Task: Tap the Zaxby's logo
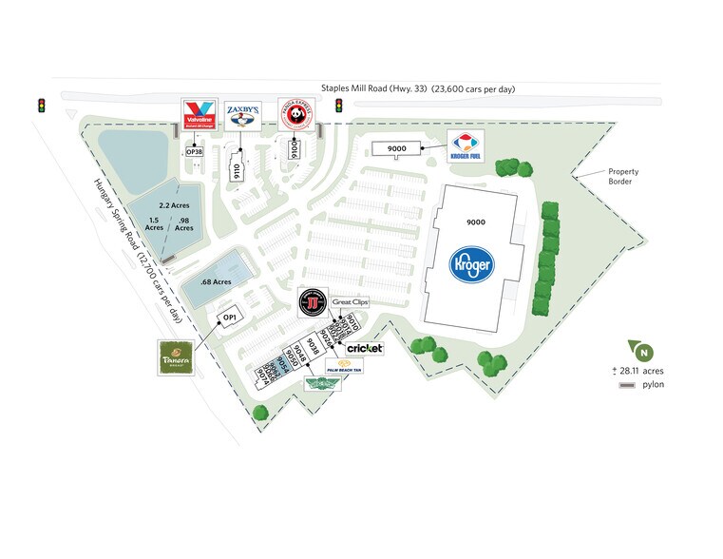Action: click(242, 117)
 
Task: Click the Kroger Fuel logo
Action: click(466, 145)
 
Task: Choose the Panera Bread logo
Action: click(176, 356)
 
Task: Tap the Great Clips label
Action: click(350, 302)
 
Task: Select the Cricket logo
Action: click(365, 349)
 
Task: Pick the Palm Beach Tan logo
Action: click(345, 366)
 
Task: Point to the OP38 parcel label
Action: click(194, 151)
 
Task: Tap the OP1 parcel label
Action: click(229, 318)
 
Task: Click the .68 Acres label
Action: click(217, 281)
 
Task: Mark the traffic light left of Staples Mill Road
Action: click(42, 104)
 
